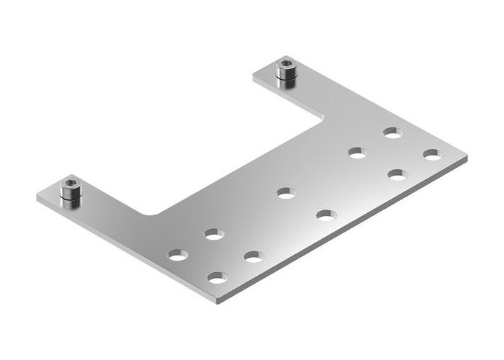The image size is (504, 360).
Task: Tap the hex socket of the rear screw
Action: tap(286, 68)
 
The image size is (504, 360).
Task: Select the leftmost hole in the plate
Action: tap(177, 254)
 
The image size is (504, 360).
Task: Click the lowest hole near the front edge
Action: tap(217, 276)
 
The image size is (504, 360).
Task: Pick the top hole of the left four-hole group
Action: tap(213, 234)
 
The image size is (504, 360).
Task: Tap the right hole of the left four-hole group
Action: tap(253, 256)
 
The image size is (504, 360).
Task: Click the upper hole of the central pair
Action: tap(286, 193)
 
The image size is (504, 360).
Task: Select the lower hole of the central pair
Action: tap(325, 215)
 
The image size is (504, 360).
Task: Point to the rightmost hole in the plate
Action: tap(432, 154)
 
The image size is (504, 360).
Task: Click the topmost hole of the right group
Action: tap(392, 132)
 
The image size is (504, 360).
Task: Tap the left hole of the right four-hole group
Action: tap(357, 152)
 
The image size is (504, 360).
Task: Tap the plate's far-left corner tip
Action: tap(37, 195)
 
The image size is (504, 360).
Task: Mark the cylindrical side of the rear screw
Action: tap(286, 78)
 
